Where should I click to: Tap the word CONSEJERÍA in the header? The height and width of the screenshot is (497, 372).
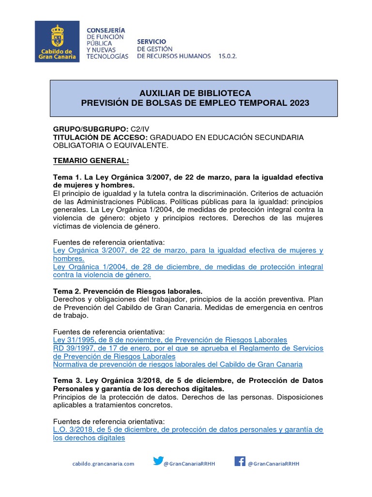105,30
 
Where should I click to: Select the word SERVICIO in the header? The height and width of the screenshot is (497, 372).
152,42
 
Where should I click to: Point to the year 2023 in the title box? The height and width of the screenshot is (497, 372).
297,103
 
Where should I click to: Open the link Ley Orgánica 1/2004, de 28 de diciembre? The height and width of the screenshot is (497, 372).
187,267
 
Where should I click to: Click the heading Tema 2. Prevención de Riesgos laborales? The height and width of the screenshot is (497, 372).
127,291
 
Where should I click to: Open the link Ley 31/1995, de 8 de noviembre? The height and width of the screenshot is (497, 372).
170,340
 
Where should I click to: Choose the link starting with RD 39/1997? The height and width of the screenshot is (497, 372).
187,348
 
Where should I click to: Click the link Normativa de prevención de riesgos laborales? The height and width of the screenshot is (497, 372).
177,364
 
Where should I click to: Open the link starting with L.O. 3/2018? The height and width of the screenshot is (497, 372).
187,430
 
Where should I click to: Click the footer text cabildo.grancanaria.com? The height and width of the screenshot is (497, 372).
103,464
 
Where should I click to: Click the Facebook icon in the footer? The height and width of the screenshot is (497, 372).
240,461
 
